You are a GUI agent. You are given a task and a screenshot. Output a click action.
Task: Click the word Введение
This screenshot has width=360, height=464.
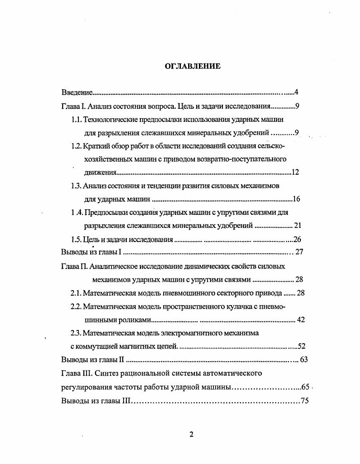77,93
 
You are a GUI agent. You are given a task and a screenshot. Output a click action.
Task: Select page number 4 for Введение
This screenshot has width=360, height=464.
296,93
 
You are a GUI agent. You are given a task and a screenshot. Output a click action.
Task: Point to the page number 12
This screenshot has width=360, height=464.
295,172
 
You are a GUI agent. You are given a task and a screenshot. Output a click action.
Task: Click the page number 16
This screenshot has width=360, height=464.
296,199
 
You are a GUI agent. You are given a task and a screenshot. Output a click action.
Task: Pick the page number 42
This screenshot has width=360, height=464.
301,320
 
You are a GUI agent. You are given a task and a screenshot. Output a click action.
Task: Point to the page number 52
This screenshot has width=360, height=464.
302,347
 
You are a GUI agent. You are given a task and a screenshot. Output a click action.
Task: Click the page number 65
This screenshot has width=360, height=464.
305,387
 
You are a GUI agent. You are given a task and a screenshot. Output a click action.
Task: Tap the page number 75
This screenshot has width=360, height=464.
305,401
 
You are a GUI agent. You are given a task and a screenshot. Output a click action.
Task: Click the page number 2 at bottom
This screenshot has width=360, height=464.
191,435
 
